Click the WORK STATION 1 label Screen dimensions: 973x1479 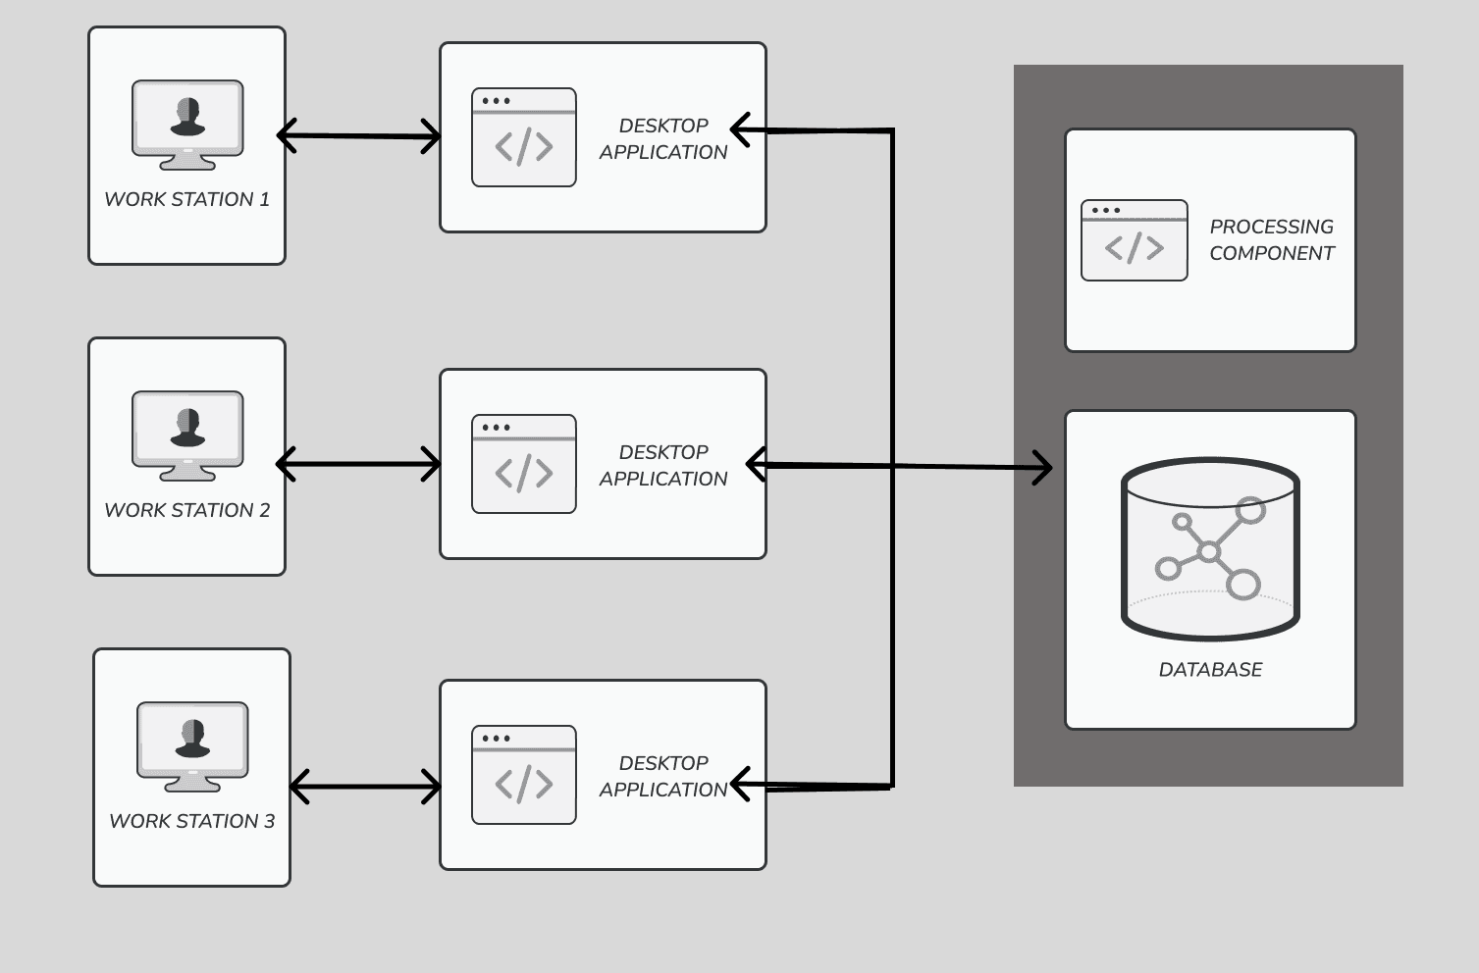tap(186, 199)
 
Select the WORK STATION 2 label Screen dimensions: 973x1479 tap(186, 510)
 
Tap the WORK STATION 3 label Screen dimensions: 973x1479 tap(191, 821)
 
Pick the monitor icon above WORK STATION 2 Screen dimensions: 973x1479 tap(187, 435)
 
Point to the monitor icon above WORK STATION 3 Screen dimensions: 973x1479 tap(192, 746)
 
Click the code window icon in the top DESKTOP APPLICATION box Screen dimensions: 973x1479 tap(524, 137)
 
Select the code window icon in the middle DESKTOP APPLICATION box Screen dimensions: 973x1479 tap(524, 464)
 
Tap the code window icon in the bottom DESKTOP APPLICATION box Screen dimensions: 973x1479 tap(524, 775)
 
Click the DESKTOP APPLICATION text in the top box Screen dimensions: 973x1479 tap(663, 138)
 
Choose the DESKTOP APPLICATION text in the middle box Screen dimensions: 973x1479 tap(663, 465)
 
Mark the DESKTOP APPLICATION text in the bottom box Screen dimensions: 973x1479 tap(663, 776)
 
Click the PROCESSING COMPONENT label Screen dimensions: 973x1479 tap(1271, 239)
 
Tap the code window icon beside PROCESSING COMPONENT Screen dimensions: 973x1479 tap(1135, 240)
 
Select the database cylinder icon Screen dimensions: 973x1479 tap(1210, 548)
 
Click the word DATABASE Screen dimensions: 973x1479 tap(1210, 670)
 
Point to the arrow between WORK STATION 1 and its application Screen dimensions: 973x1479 tap(359, 135)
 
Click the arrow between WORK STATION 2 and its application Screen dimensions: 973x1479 tap(359, 464)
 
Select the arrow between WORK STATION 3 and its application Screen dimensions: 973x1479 tap(365, 786)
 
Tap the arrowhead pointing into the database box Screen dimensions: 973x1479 tap(1042, 468)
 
